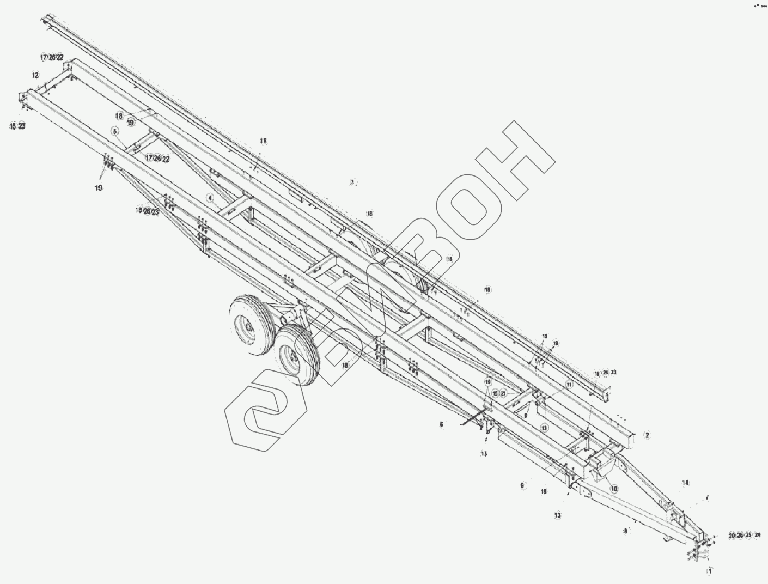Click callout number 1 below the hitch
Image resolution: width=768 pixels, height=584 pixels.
pyautogui.click(x=709, y=571)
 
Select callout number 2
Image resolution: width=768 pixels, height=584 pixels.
pyautogui.click(x=647, y=435)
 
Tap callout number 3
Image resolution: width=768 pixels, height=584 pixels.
pyautogui.click(x=352, y=182)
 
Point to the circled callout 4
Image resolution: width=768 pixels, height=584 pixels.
pyautogui.click(x=210, y=197)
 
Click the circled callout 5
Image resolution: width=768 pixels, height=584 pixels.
pyautogui.click(x=115, y=131)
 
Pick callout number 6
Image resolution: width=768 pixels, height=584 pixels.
pyautogui.click(x=441, y=423)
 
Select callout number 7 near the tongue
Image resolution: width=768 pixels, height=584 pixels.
pyautogui.click(x=707, y=497)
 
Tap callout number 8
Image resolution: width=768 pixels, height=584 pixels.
pyautogui.click(x=626, y=530)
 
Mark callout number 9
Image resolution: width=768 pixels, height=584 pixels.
pyautogui.click(x=522, y=485)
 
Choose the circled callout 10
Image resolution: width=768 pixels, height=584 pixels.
pyautogui.click(x=614, y=489)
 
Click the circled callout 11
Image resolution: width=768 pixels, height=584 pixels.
pyautogui.click(x=569, y=384)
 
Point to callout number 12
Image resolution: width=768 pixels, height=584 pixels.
pyautogui.click(x=35, y=75)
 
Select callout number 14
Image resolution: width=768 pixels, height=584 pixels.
pyautogui.click(x=685, y=483)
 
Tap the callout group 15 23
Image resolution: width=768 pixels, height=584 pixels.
pyautogui.click(x=17, y=126)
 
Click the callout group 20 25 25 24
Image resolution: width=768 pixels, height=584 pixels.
pyautogui.click(x=744, y=536)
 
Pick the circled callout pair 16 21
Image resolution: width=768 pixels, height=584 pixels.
pyautogui.click(x=499, y=393)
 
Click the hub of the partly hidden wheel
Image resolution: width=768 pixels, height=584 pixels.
pyautogui.click(x=248, y=327)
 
